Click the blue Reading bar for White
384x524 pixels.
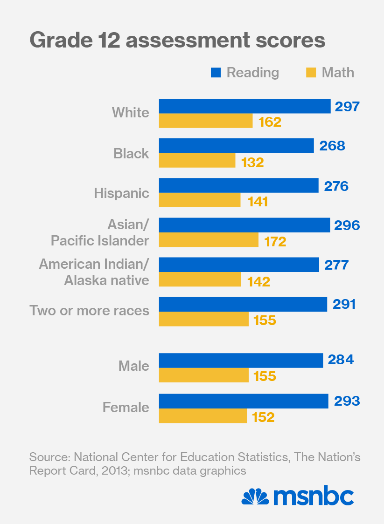[244, 106]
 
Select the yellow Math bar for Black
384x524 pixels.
[197, 161]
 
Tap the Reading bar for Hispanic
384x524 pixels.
[238, 185]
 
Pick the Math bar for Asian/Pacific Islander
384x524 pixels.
[209, 240]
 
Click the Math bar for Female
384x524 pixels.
[202, 416]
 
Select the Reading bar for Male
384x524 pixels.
[241, 361]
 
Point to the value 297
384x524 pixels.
[347, 107]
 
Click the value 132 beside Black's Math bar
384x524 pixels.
[252, 163]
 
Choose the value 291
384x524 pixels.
[344, 305]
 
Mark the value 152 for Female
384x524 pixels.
[263, 417]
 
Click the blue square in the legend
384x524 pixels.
[216, 73]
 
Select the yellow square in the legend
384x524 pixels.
[311, 73]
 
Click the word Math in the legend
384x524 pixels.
[338, 73]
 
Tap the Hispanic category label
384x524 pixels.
[122, 193]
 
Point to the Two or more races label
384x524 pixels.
[90, 311]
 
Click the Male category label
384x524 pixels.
[134, 366]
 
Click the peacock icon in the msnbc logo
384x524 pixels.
[255, 497]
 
